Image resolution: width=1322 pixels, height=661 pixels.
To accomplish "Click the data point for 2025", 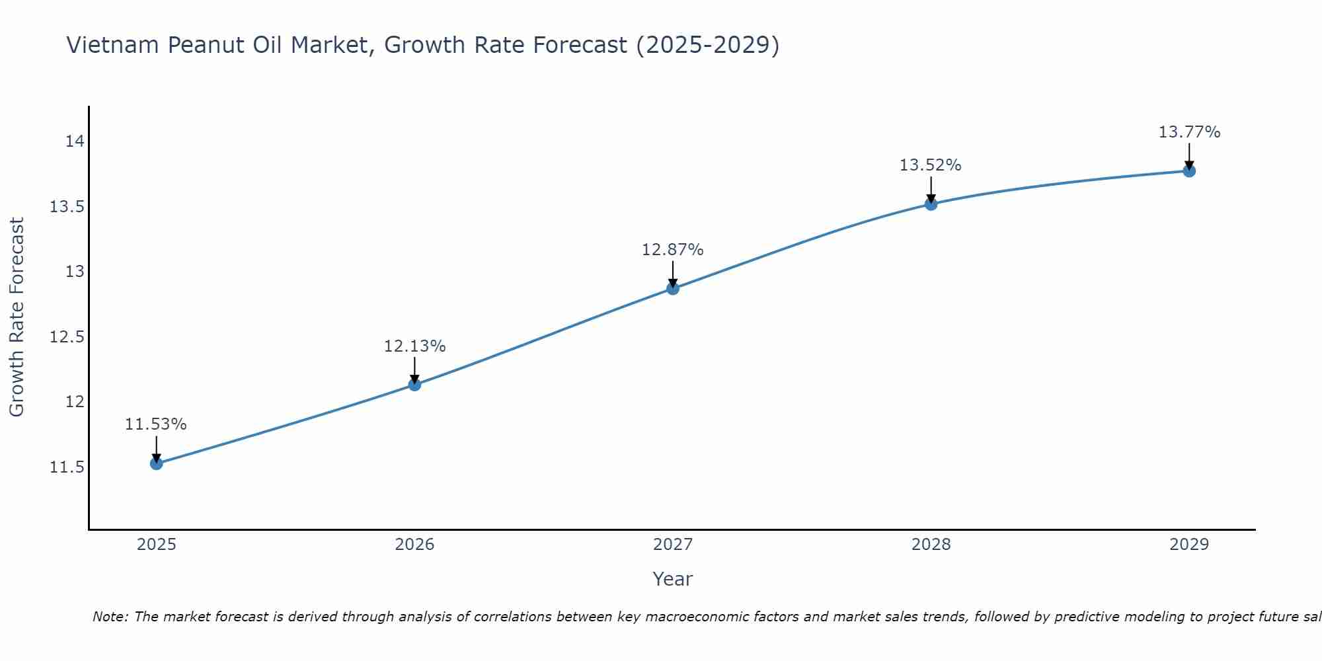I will [x=157, y=463].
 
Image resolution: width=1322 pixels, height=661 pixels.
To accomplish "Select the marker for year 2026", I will [x=414, y=385].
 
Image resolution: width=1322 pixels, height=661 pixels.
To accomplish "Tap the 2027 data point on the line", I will [x=673, y=288].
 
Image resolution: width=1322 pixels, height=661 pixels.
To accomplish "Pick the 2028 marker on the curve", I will [x=931, y=204].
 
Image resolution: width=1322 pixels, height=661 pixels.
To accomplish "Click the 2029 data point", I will [x=1189, y=171].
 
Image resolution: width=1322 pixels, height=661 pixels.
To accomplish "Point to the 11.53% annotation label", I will [x=156, y=424].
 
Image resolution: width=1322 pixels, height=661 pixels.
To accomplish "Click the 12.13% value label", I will [x=414, y=346].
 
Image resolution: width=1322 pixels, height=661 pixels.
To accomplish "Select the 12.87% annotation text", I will [x=673, y=250].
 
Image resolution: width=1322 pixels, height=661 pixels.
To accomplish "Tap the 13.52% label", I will [x=930, y=165].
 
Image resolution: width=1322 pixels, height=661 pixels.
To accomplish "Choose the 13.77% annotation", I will [x=1189, y=132].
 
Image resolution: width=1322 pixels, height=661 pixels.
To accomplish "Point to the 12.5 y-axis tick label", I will [x=67, y=337].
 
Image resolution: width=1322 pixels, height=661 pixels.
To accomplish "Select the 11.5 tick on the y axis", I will [x=67, y=467].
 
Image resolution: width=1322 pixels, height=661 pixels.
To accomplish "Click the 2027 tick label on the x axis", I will [x=673, y=545].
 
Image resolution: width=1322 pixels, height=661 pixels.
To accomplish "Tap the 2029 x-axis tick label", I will [x=1189, y=545].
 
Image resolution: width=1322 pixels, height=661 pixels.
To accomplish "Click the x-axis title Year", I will [x=673, y=579].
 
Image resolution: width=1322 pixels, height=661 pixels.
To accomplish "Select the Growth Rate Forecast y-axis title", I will [x=17, y=317].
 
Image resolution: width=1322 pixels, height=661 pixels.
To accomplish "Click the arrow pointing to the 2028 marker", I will [x=931, y=188].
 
